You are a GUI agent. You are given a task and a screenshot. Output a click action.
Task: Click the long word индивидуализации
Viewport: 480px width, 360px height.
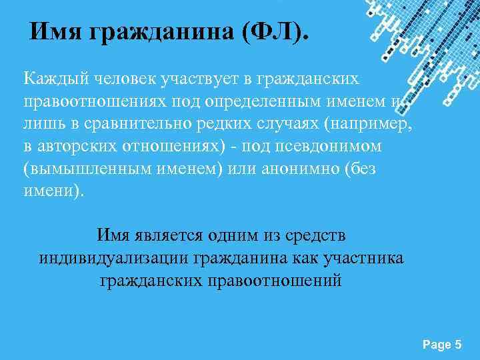tap(114, 257)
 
